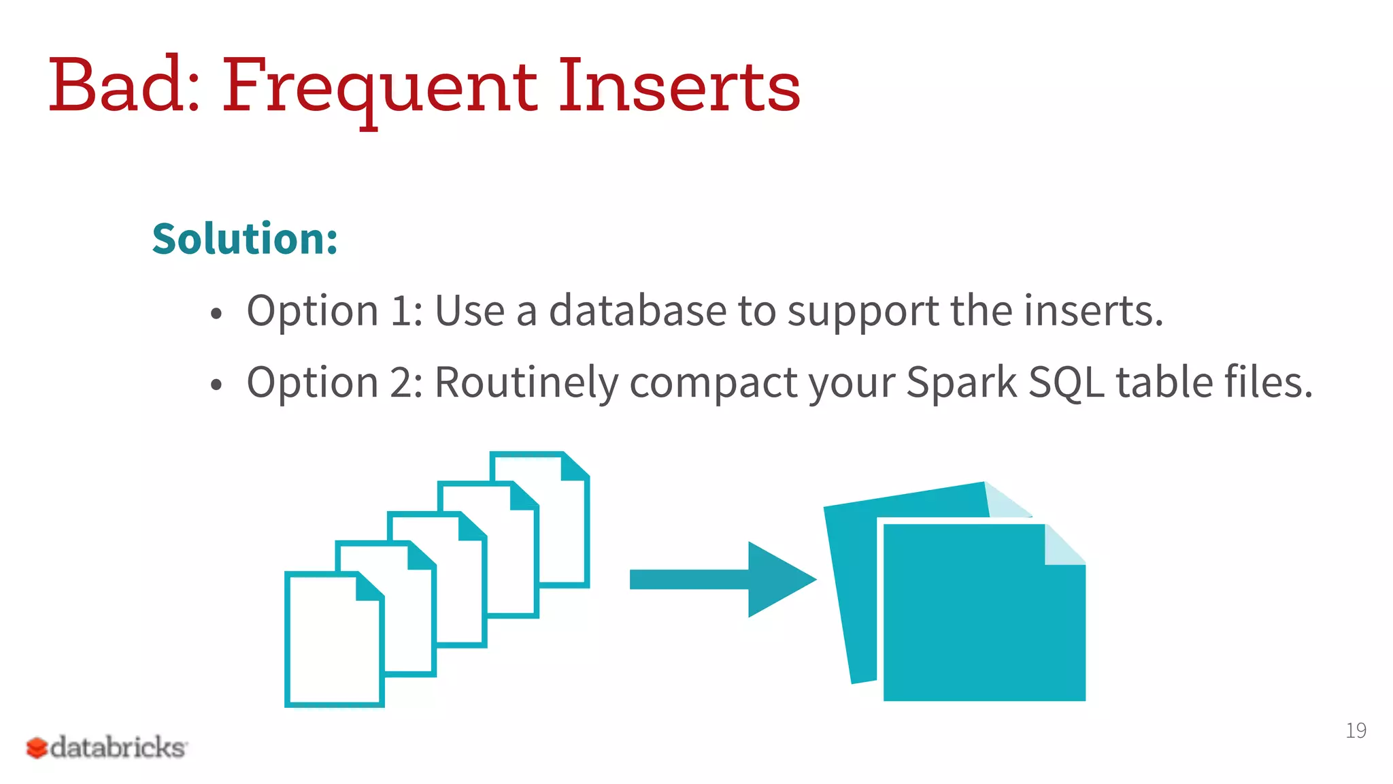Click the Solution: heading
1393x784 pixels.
coord(245,239)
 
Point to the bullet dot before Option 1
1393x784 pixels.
coord(216,314)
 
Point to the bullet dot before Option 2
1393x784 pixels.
coord(216,385)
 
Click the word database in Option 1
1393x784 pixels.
coord(638,311)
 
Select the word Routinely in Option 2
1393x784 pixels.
coord(526,382)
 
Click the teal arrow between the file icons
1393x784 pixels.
coord(721,579)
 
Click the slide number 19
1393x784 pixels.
coord(1356,730)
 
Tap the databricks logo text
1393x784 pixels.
coord(118,747)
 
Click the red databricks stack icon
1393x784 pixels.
coord(37,748)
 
